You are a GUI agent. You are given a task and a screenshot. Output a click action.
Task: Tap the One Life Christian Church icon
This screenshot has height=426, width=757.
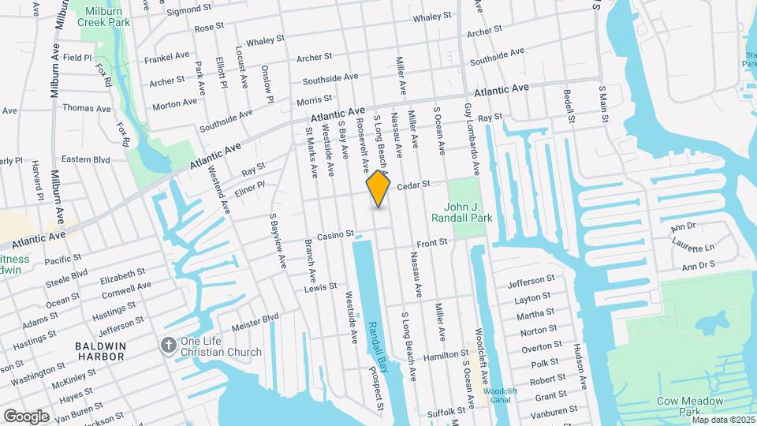click(x=168, y=345)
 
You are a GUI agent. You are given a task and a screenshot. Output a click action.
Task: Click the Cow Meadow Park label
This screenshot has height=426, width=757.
click(x=690, y=405)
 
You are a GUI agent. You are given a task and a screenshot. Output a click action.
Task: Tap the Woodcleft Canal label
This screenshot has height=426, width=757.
click(x=498, y=395)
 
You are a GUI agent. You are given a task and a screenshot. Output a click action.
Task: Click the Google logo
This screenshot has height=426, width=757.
click(x=26, y=416)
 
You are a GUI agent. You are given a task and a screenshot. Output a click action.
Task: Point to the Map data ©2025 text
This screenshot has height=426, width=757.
click(x=722, y=419)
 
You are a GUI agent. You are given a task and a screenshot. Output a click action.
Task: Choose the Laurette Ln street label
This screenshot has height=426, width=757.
click(x=692, y=247)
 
